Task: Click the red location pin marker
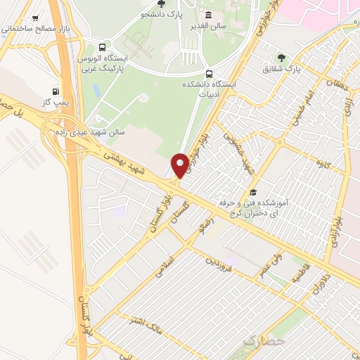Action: click(x=180, y=165)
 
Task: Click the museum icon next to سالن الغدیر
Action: click(x=208, y=15)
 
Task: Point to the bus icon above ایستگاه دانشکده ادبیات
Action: click(x=208, y=73)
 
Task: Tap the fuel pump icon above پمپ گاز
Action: click(x=56, y=91)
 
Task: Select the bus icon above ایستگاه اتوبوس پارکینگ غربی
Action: click(x=104, y=44)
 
